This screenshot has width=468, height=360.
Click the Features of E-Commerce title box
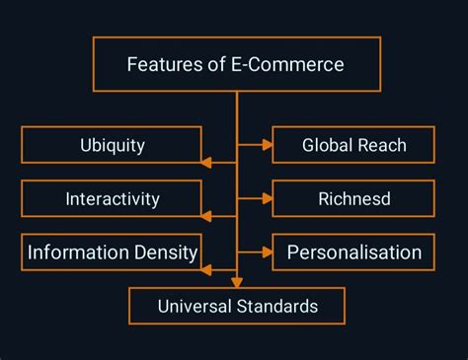[236, 65]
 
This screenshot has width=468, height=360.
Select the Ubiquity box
[112, 145]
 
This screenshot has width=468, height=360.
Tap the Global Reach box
[353, 145]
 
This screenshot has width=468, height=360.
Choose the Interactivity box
[112, 198]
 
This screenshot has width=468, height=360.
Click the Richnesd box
[353, 198]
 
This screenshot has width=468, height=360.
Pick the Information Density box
[112, 252]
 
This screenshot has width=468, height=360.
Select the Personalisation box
[353, 252]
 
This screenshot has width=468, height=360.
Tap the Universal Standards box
[237, 306]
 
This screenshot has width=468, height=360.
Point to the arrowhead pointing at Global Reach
[268, 145]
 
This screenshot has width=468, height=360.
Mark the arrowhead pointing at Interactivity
[205, 216]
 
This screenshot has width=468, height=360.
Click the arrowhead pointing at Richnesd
[268, 198]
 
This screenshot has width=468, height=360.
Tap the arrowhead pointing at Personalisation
[268, 252]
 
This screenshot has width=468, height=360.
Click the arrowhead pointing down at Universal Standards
[236, 282]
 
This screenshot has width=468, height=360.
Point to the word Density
[167, 252]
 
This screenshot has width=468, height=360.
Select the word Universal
[195, 306]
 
